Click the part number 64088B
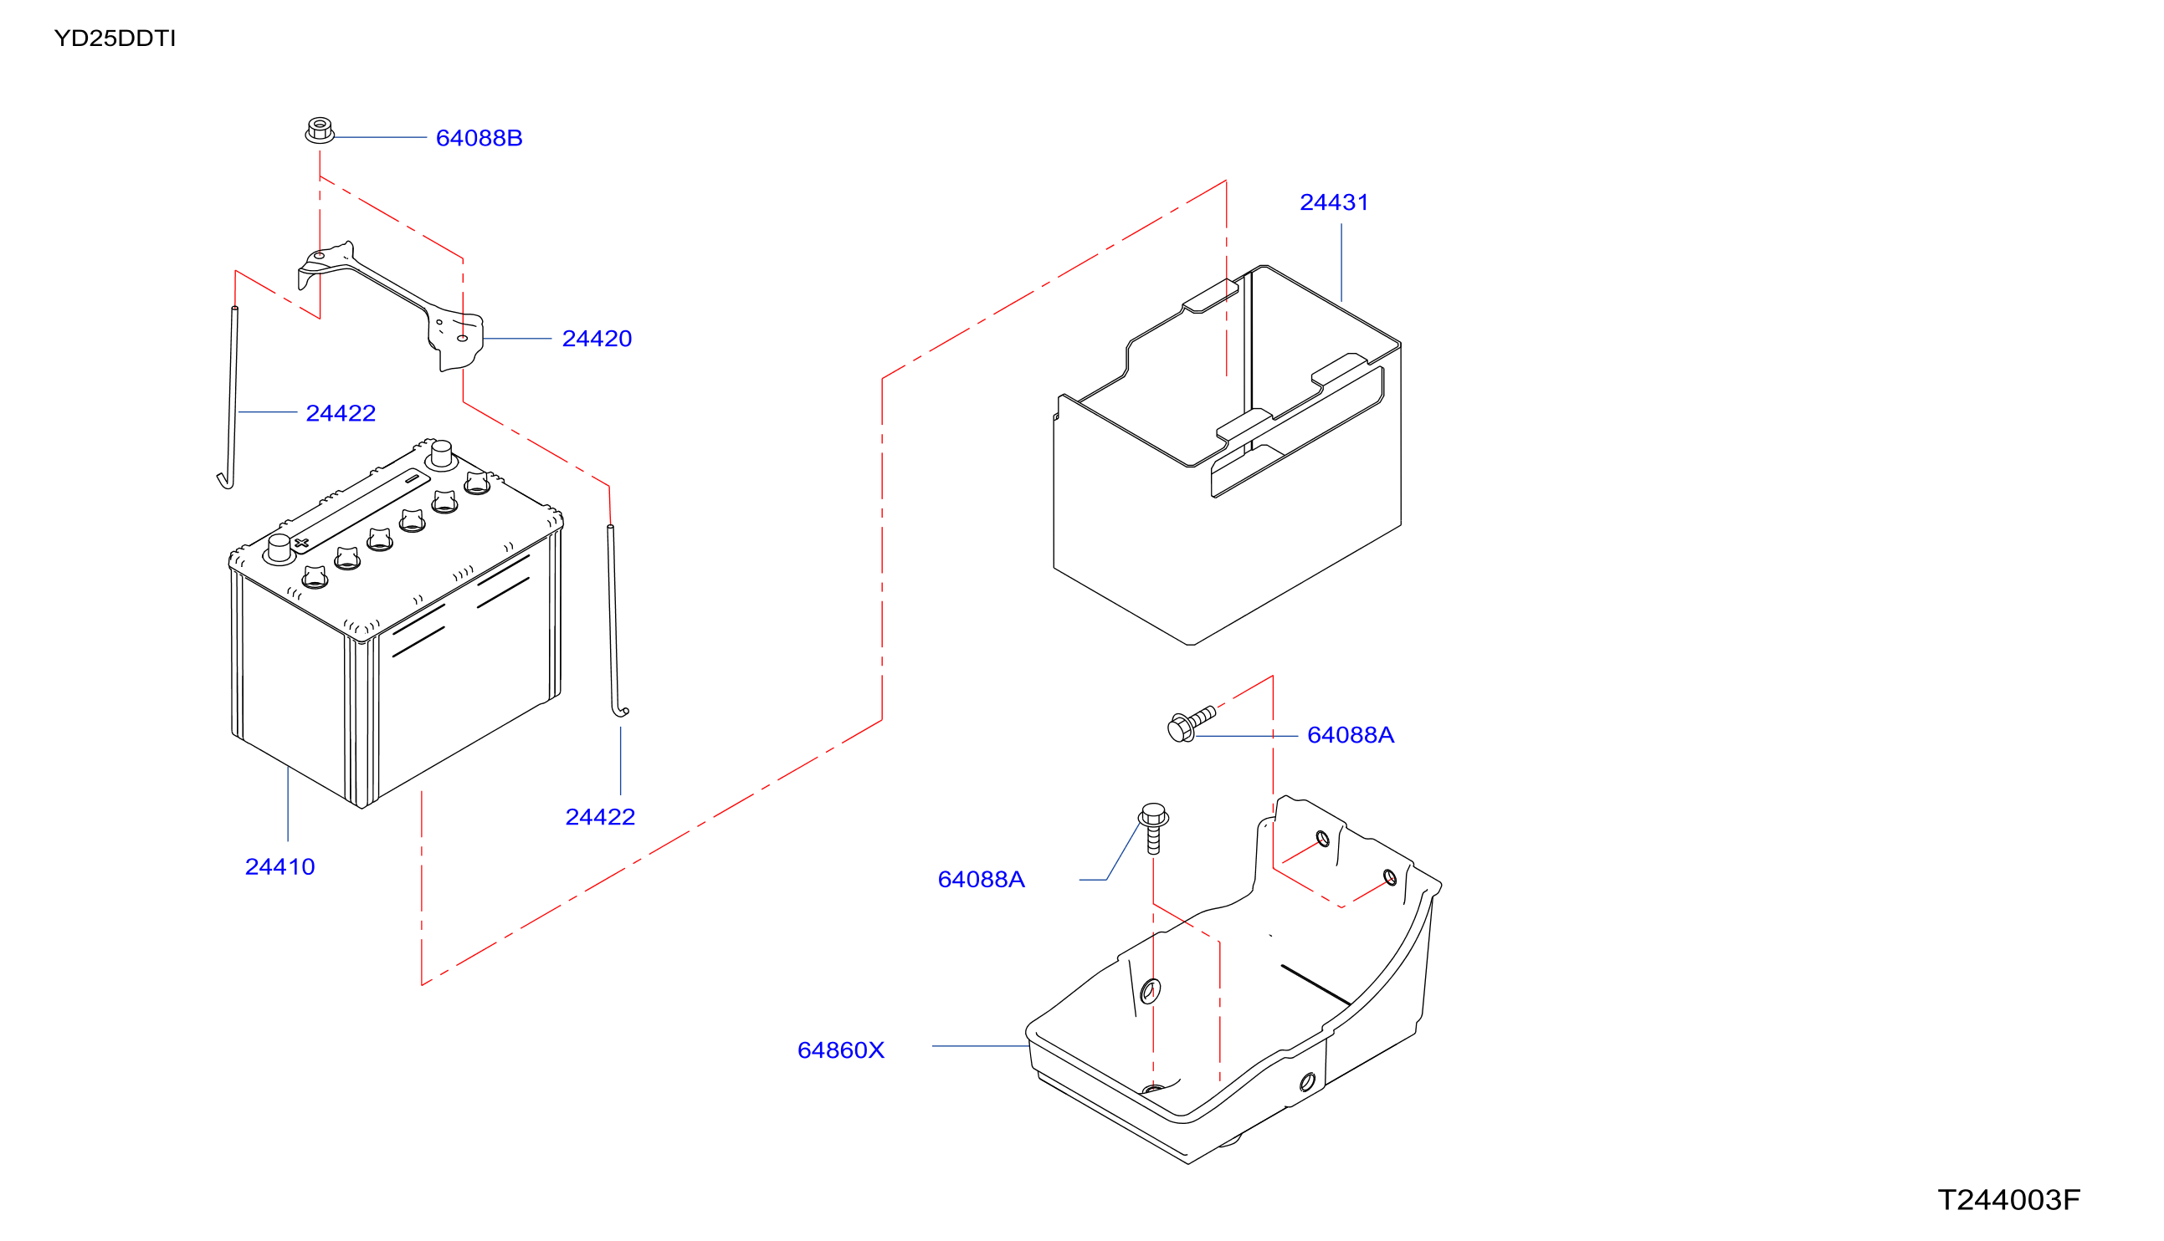[479, 138]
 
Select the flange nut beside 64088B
[320, 130]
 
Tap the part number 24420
[597, 339]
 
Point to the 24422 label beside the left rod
[341, 413]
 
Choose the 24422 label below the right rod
[600, 817]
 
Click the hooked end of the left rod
[225, 482]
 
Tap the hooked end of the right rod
[620, 711]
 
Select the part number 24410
[279, 867]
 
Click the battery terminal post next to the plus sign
[279, 549]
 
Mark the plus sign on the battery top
[301, 542]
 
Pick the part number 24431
[1334, 202]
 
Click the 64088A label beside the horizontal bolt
[1351, 735]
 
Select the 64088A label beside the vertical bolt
[981, 880]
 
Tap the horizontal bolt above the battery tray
[1191, 723]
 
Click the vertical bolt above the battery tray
[1154, 828]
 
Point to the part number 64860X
[841, 1050]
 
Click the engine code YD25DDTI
[115, 38]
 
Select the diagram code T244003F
[2009, 1200]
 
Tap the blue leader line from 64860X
[981, 1046]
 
